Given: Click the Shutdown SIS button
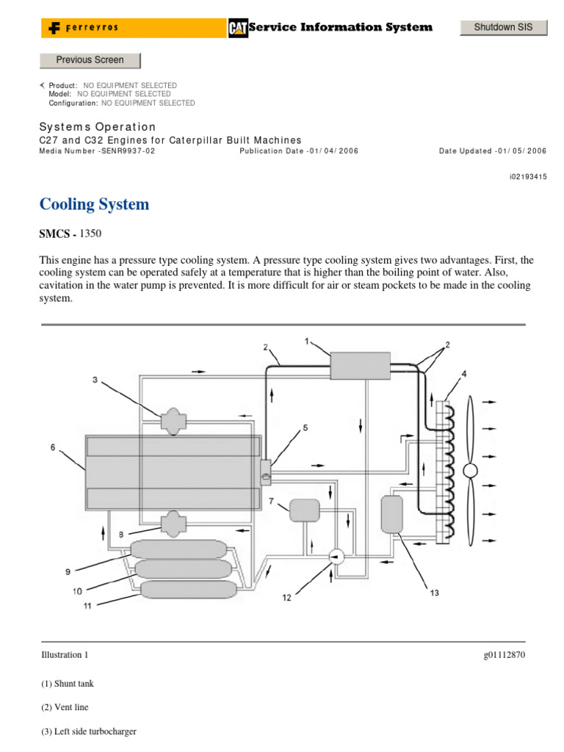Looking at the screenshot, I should [x=504, y=27].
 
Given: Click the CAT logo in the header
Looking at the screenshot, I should [x=238, y=27].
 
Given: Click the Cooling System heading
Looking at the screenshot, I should [x=94, y=204].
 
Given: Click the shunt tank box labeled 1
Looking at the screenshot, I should [x=360, y=365].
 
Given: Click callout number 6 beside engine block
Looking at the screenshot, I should [x=52, y=447].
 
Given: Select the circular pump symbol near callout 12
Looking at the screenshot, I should [x=336, y=557].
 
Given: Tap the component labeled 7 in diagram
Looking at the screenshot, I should [x=305, y=509].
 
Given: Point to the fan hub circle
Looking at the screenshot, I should [x=470, y=469].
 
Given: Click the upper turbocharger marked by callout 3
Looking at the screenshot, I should [x=173, y=422].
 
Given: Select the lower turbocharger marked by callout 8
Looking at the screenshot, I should [x=173, y=521].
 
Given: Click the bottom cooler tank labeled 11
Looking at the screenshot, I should [x=188, y=589].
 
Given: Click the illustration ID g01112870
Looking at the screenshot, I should [x=499, y=654].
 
